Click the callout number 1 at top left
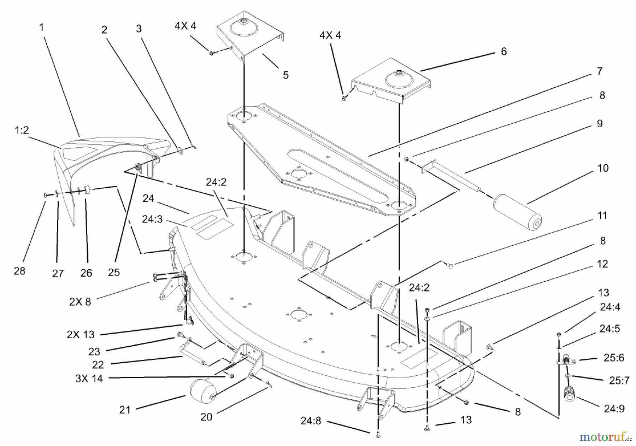point(41,27)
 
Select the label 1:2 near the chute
point(22,130)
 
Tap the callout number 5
point(285,75)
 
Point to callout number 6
point(503,52)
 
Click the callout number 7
point(599,71)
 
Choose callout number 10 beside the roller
point(603,168)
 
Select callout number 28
point(19,271)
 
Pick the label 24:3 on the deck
point(152,219)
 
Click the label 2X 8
point(80,301)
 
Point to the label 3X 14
point(89,378)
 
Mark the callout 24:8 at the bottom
point(311,421)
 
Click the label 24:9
point(614,409)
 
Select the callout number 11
point(602,215)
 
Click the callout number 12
point(602,264)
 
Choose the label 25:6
point(614,358)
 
